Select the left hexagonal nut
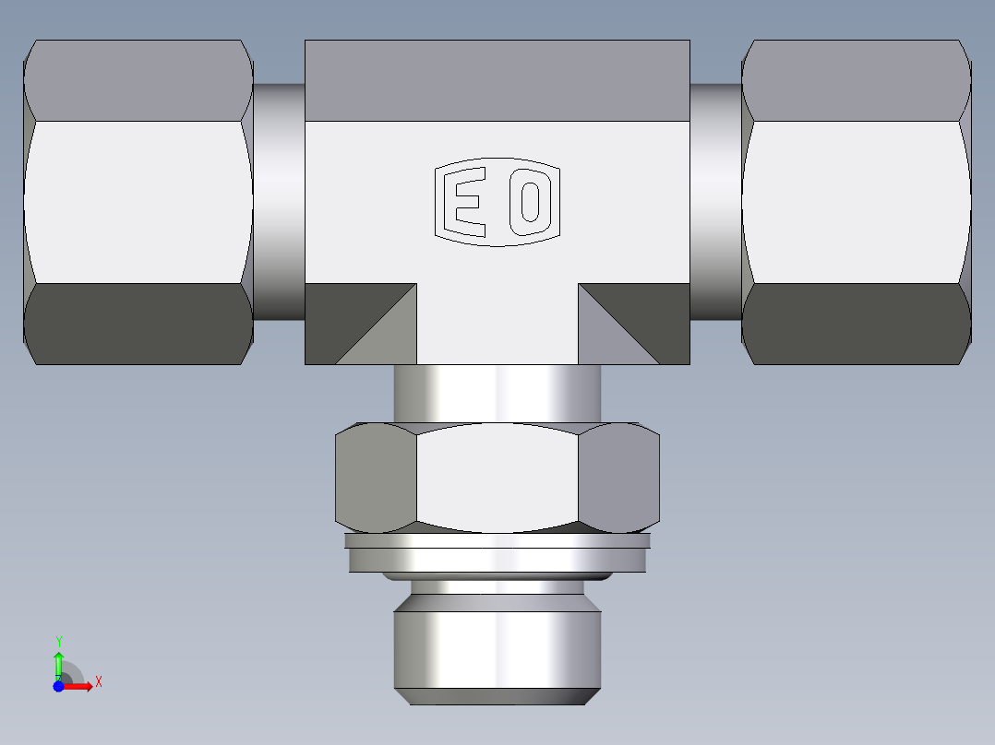pos(138,202)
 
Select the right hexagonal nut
pos(856,202)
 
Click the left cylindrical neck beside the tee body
pos(279,202)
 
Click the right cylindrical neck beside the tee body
pos(715,202)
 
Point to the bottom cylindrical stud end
pos(497,650)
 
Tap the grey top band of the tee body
pos(497,80)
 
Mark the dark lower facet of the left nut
pos(138,323)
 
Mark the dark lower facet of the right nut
pos(856,323)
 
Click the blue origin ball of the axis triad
pos(58,686)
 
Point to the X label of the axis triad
pos(99,682)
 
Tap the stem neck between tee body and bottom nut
pos(497,394)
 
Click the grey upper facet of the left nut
pos(138,80)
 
